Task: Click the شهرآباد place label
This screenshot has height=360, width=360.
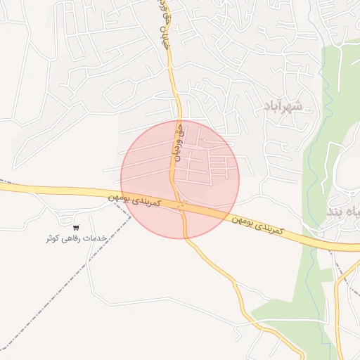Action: pyautogui.click(x=282, y=106)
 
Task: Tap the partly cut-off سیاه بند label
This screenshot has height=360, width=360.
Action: pyautogui.click(x=345, y=210)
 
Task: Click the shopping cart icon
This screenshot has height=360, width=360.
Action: pyautogui.click(x=76, y=228)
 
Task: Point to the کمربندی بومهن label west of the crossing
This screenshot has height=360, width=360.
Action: pyautogui.click(x=136, y=200)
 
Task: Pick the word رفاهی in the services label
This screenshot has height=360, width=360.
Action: pyautogui.click(x=72, y=238)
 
